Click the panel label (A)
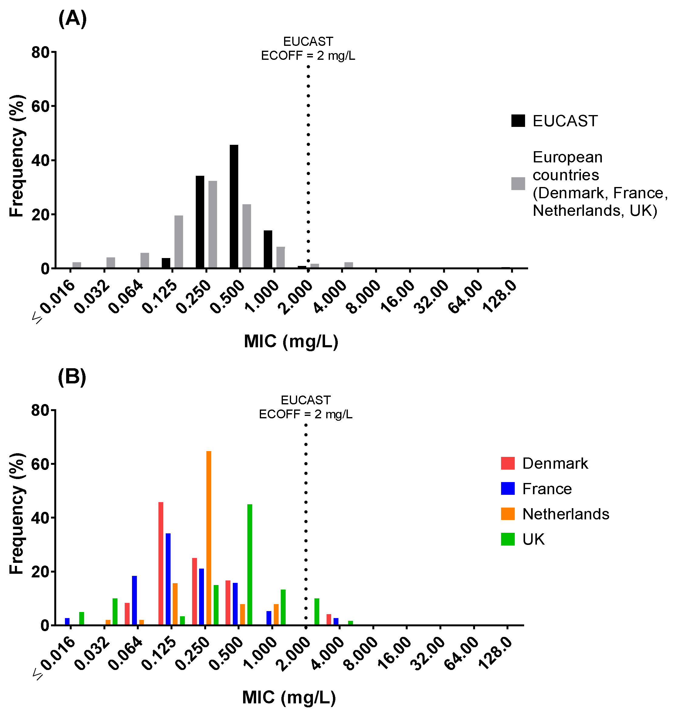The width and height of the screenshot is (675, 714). [72, 19]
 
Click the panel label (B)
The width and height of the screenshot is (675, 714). [72, 377]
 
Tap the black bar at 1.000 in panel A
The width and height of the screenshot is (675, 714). [268, 249]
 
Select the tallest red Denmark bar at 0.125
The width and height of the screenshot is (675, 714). [161, 563]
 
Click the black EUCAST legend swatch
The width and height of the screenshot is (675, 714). [518, 121]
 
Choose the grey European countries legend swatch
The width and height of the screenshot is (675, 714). [518, 184]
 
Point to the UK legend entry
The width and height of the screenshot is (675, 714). [533, 539]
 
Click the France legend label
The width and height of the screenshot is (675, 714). [547, 489]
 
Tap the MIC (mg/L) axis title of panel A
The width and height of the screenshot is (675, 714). [291, 341]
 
